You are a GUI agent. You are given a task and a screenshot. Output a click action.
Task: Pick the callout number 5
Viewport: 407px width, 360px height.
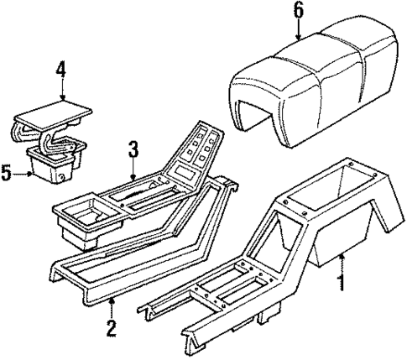(x=7, y=174)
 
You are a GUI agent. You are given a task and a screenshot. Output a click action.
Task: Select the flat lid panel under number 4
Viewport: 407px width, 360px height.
(x=53, y=110)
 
